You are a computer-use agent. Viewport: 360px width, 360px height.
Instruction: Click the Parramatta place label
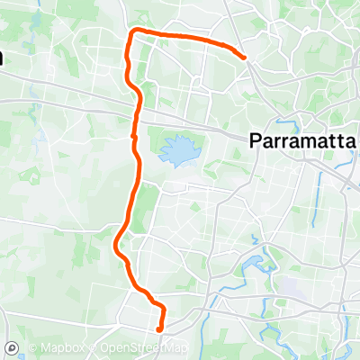coord(301,140)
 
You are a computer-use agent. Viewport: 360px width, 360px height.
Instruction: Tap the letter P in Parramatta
coord(253,140)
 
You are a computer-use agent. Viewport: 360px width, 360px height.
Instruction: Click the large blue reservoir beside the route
coord(177,150)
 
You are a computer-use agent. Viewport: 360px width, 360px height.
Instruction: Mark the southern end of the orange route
coord(159,328)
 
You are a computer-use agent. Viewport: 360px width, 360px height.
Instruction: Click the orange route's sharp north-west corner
coord(133,32)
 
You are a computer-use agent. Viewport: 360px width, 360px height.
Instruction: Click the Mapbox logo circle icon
coord(12,347)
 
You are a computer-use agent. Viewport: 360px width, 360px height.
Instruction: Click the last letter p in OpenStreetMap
coord(184,348)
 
